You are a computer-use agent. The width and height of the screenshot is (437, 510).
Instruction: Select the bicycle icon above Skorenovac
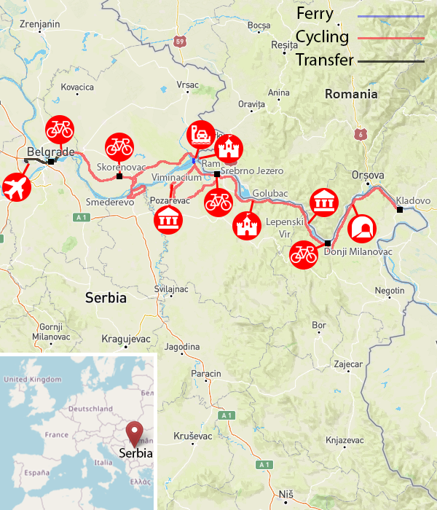(119, 146)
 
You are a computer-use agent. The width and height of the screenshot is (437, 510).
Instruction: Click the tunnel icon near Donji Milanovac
(361, 228)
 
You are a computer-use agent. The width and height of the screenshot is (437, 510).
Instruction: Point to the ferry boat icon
(200, 134)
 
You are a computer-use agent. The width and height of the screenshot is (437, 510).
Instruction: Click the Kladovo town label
(413, 200)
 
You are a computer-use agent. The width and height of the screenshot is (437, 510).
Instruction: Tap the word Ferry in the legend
(315, 13)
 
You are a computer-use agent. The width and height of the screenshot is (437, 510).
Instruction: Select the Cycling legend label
(322, 36)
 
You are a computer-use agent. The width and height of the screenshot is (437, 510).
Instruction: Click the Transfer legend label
(324, 60)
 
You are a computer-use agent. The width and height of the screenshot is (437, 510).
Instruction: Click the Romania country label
(351, 94)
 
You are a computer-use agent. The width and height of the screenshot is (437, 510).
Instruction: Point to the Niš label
(286, 495)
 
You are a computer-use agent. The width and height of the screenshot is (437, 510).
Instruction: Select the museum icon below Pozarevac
(169, 218)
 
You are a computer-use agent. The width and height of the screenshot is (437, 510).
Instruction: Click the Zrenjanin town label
(39, 24)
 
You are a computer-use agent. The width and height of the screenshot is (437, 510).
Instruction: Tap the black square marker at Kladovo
(399, 210)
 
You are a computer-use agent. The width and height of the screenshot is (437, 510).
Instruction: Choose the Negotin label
(389, 290)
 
